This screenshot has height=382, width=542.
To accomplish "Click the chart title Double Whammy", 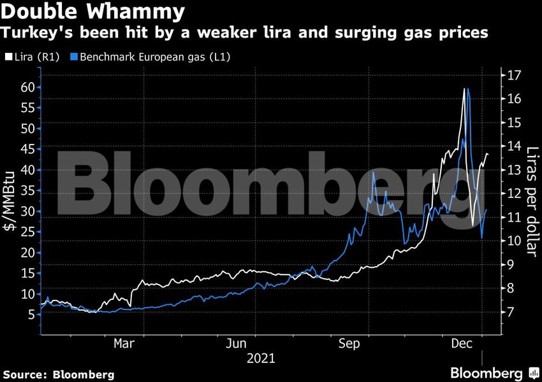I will pyautogui.click(x=94, y=11).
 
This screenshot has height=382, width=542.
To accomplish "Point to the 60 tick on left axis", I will pyautogui.click(x=26, y=87).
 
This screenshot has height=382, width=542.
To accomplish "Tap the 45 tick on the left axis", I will pyautogui.click(x=26, y=149).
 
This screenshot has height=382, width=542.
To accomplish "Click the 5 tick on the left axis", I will pyautogui.click(x=30, y=315).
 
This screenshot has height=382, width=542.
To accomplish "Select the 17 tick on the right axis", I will pyautogui.click(x=514, y=75).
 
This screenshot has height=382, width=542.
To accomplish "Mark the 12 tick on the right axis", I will pyautogui.click(x=514, y=194).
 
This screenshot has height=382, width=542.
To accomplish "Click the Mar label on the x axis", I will pyautogui.click(x=124, y=344).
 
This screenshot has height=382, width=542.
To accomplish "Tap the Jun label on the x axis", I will pyautogui.click(x=237, y=344).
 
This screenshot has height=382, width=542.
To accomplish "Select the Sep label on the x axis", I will pyautogui.click(x=350, y=344).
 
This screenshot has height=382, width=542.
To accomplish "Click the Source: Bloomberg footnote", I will pyautogui.click(x=59, y=374).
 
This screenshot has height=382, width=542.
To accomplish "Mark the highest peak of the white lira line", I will pyautogui.click(x=464, y=88).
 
